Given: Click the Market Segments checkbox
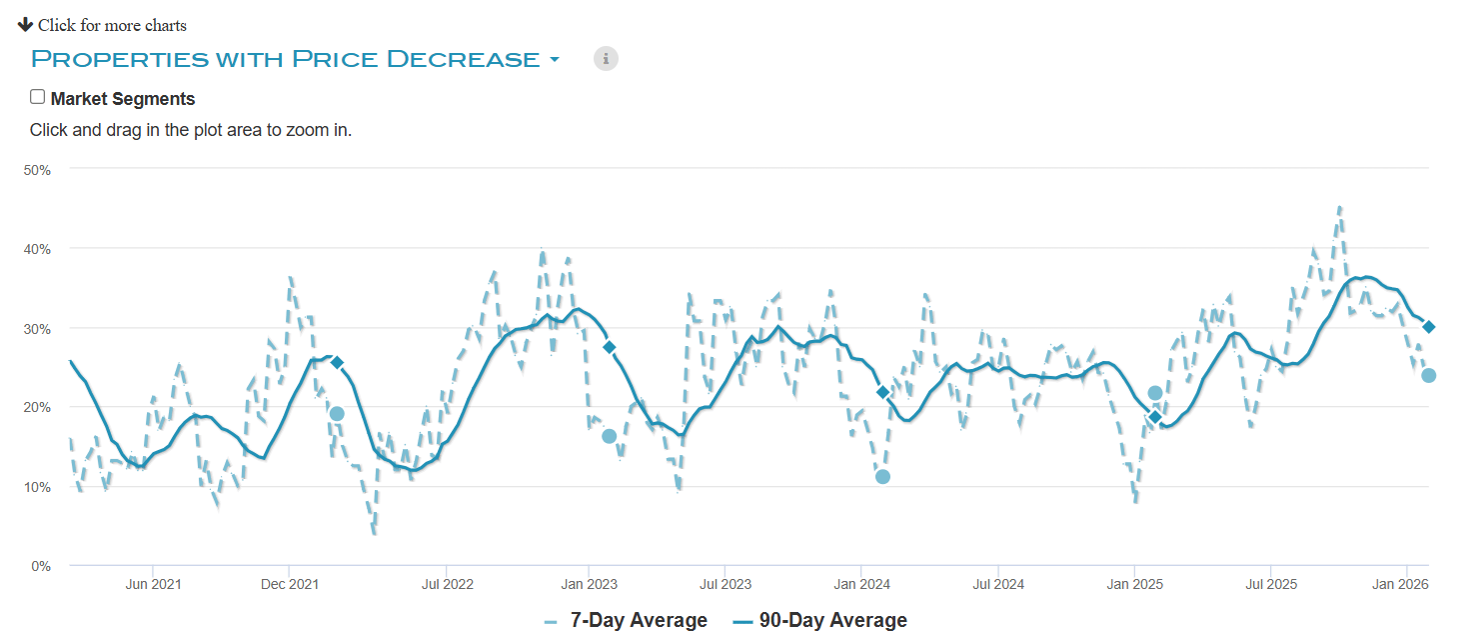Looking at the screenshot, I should (38, 97).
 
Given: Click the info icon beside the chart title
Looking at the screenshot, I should (606, 58).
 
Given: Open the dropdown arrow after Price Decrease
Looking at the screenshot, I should (555, 60).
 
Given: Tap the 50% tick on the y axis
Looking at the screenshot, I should (37, 170).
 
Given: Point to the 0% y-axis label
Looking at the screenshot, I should (40, 566).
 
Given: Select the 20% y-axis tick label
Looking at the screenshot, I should (37, 407).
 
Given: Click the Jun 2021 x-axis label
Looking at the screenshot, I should (153, 583).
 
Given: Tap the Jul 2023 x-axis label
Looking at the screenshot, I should (725, 583).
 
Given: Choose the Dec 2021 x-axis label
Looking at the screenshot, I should (289, 583).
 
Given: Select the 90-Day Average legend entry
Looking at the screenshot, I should (832, 620).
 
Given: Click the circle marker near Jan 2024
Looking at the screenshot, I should (882, 476).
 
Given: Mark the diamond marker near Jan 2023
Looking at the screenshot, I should (610, 347).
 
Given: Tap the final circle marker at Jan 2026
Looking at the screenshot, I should (1429, 375).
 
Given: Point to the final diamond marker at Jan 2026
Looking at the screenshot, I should (1429, 327).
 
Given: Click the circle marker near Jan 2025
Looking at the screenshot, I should (1155, 393).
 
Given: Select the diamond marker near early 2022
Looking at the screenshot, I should (337, 362).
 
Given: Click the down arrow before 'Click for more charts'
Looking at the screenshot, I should (26, 24).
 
